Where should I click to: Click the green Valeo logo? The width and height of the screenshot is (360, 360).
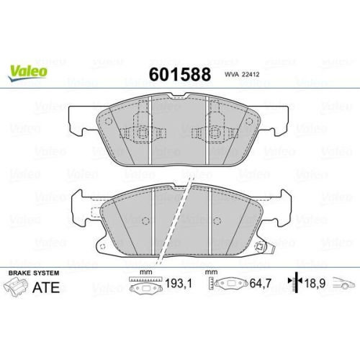pyautogui.click(x=27, y=72)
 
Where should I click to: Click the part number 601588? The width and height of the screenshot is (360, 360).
pyautogui.click(x=180, y=74)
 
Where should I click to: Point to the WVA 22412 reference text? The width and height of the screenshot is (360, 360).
pyautogui.click(x=242, y=75)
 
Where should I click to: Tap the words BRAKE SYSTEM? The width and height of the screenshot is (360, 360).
pyautogui.click(x=34, y=273)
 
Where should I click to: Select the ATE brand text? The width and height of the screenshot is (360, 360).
pyautogui.click(x=46, y=287)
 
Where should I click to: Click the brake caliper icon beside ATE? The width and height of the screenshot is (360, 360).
pyautogui.click(x=16, y=287)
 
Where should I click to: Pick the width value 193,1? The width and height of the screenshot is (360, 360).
pyautogui.click(x=179, y=284)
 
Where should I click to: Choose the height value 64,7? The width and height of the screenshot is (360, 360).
pyautogui.click(x=260, y=284)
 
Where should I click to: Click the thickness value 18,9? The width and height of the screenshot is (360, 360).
pyautogui.click(x=315, y=284)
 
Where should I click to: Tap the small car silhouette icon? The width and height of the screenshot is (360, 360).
pyautogui.click(x=343, y=283)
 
